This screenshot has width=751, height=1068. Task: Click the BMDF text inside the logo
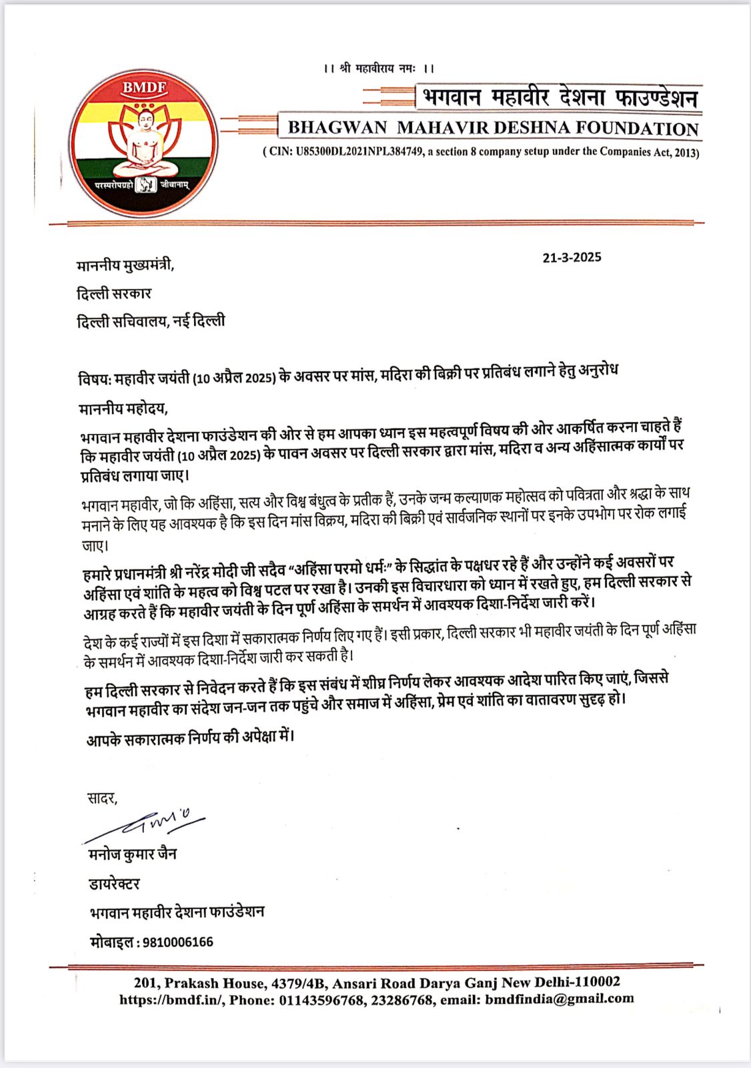[x=144, y=87]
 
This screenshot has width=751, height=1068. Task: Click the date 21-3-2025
[x=572, y=258]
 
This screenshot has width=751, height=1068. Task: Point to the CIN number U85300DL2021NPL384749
[x=359, y=152]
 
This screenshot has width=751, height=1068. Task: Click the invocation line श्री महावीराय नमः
[x=378, y=69]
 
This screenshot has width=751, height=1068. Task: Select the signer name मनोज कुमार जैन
[x=133, y=854]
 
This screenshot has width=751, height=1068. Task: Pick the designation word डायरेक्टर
[x=115, y=884]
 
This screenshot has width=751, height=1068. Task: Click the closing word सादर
[x=102, y=798]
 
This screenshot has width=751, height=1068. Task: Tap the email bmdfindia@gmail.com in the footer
[x=560, y=999]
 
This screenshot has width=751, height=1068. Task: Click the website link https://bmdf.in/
[x=171, y=1000]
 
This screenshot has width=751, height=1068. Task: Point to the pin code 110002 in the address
[x=598, y=982]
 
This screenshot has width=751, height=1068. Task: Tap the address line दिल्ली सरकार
[x=114, y=294]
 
